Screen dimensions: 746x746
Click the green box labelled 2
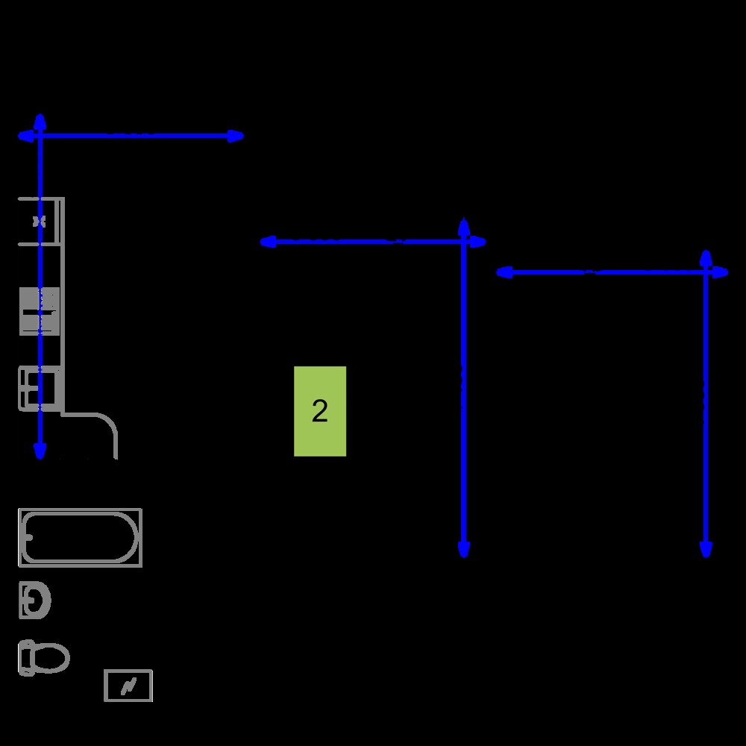[320, 411]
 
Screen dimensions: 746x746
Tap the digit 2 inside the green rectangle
[320, 410]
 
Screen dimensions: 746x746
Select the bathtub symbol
[80, 538]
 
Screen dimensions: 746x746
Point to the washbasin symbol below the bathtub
[34, 600]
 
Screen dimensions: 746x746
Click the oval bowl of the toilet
[50, 658]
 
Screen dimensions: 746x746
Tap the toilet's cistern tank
[25, 658]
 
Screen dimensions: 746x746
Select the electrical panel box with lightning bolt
[128, 686]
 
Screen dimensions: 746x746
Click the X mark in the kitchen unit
[39, 222]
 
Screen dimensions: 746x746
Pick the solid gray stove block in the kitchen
[40, 311]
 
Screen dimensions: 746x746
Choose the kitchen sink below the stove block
[40, 388]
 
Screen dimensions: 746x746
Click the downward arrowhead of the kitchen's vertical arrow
[40, 450]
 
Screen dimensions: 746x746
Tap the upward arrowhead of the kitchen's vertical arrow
[40, 122]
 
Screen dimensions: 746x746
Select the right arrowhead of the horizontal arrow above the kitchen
[236, 136]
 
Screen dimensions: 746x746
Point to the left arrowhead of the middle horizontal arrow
[269, 242]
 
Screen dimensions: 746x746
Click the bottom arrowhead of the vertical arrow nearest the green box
[464, 549]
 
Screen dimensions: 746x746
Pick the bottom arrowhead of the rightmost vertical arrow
[706, 549]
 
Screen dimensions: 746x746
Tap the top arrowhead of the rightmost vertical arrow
[706, 259]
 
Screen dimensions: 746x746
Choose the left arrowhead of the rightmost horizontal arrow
[504, 272]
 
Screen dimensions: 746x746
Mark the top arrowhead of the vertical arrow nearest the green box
[464, 227]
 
